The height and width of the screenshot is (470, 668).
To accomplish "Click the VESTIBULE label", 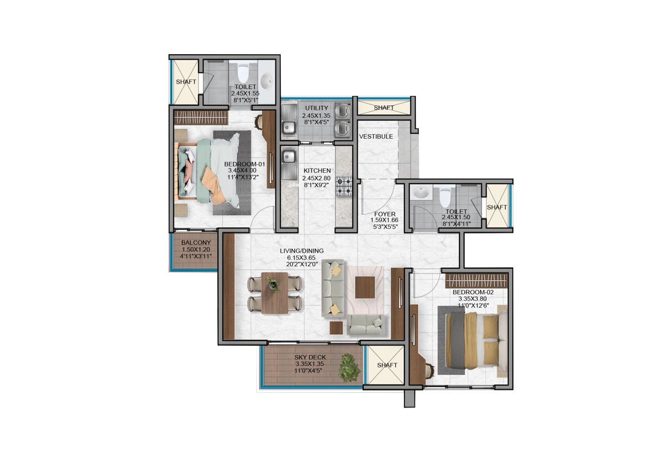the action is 376,137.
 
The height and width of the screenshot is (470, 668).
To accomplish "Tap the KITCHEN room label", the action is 317,171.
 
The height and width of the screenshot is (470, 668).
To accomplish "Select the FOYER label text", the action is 385,214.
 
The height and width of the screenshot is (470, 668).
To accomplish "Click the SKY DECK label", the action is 310,357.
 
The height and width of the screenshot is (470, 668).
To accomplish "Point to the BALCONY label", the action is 196,243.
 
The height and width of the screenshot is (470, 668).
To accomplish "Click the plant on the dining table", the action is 273,284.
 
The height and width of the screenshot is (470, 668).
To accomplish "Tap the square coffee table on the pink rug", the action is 365,287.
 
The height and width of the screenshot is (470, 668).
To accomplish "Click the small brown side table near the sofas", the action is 336,328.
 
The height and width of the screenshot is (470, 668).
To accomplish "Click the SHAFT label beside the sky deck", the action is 387,365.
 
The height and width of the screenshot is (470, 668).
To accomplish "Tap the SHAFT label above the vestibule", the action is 384,107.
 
